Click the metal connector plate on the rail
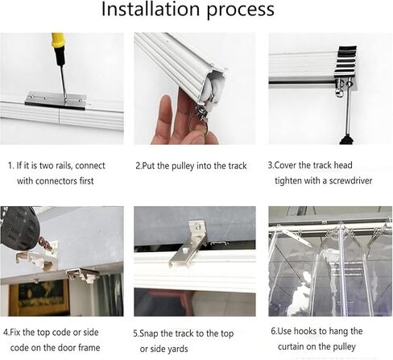[55, 100]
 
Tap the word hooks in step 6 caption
[308, 331]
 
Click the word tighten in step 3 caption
[289, 180]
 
